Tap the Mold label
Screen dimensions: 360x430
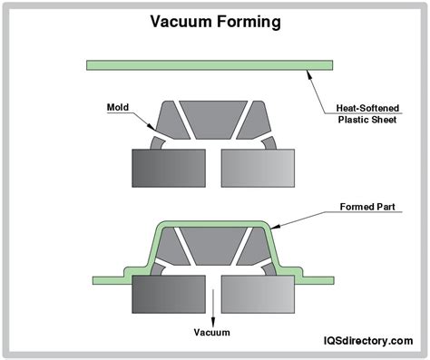tap(118, 106)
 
